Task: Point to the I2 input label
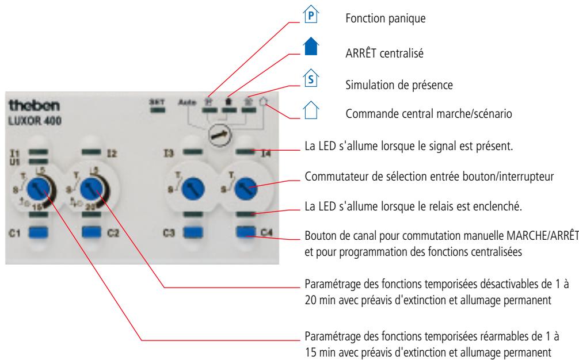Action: click(112, 154)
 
